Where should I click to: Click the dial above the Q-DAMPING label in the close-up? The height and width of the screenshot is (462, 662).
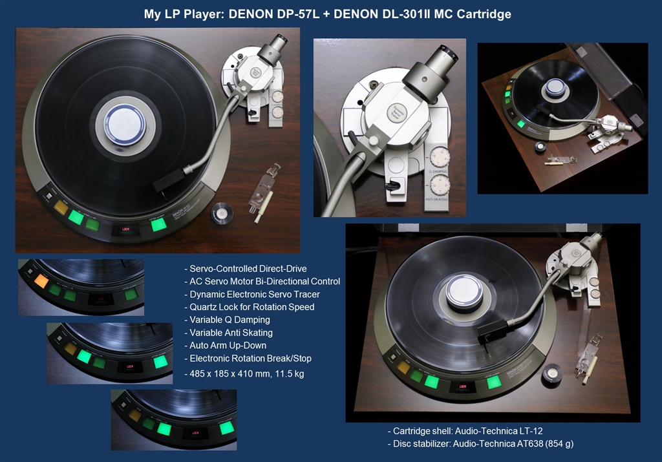pyautogui.click(x=440, y=158)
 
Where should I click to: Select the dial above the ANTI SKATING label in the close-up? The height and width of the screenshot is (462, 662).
pyautogui.click(x=440, y=185)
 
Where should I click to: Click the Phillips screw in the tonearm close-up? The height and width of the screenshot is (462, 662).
pyautogui.click(x=374, y=85)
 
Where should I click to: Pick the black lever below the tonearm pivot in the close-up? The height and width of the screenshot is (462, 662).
pyautogui.click(x=394, y=185)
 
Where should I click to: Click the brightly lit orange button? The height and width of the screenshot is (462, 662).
pyautogui.click(x=41, y=280)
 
